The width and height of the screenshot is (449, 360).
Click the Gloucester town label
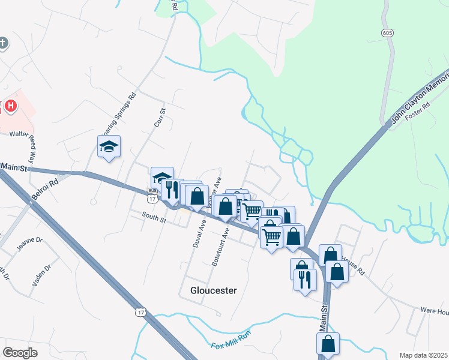213,290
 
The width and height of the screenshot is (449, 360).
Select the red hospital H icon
11,107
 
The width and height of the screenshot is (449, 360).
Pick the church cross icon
4,43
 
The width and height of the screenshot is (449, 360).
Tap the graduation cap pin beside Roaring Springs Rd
109,146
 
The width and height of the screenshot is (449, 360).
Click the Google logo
20,353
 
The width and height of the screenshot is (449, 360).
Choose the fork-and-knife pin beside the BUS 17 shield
172,189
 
